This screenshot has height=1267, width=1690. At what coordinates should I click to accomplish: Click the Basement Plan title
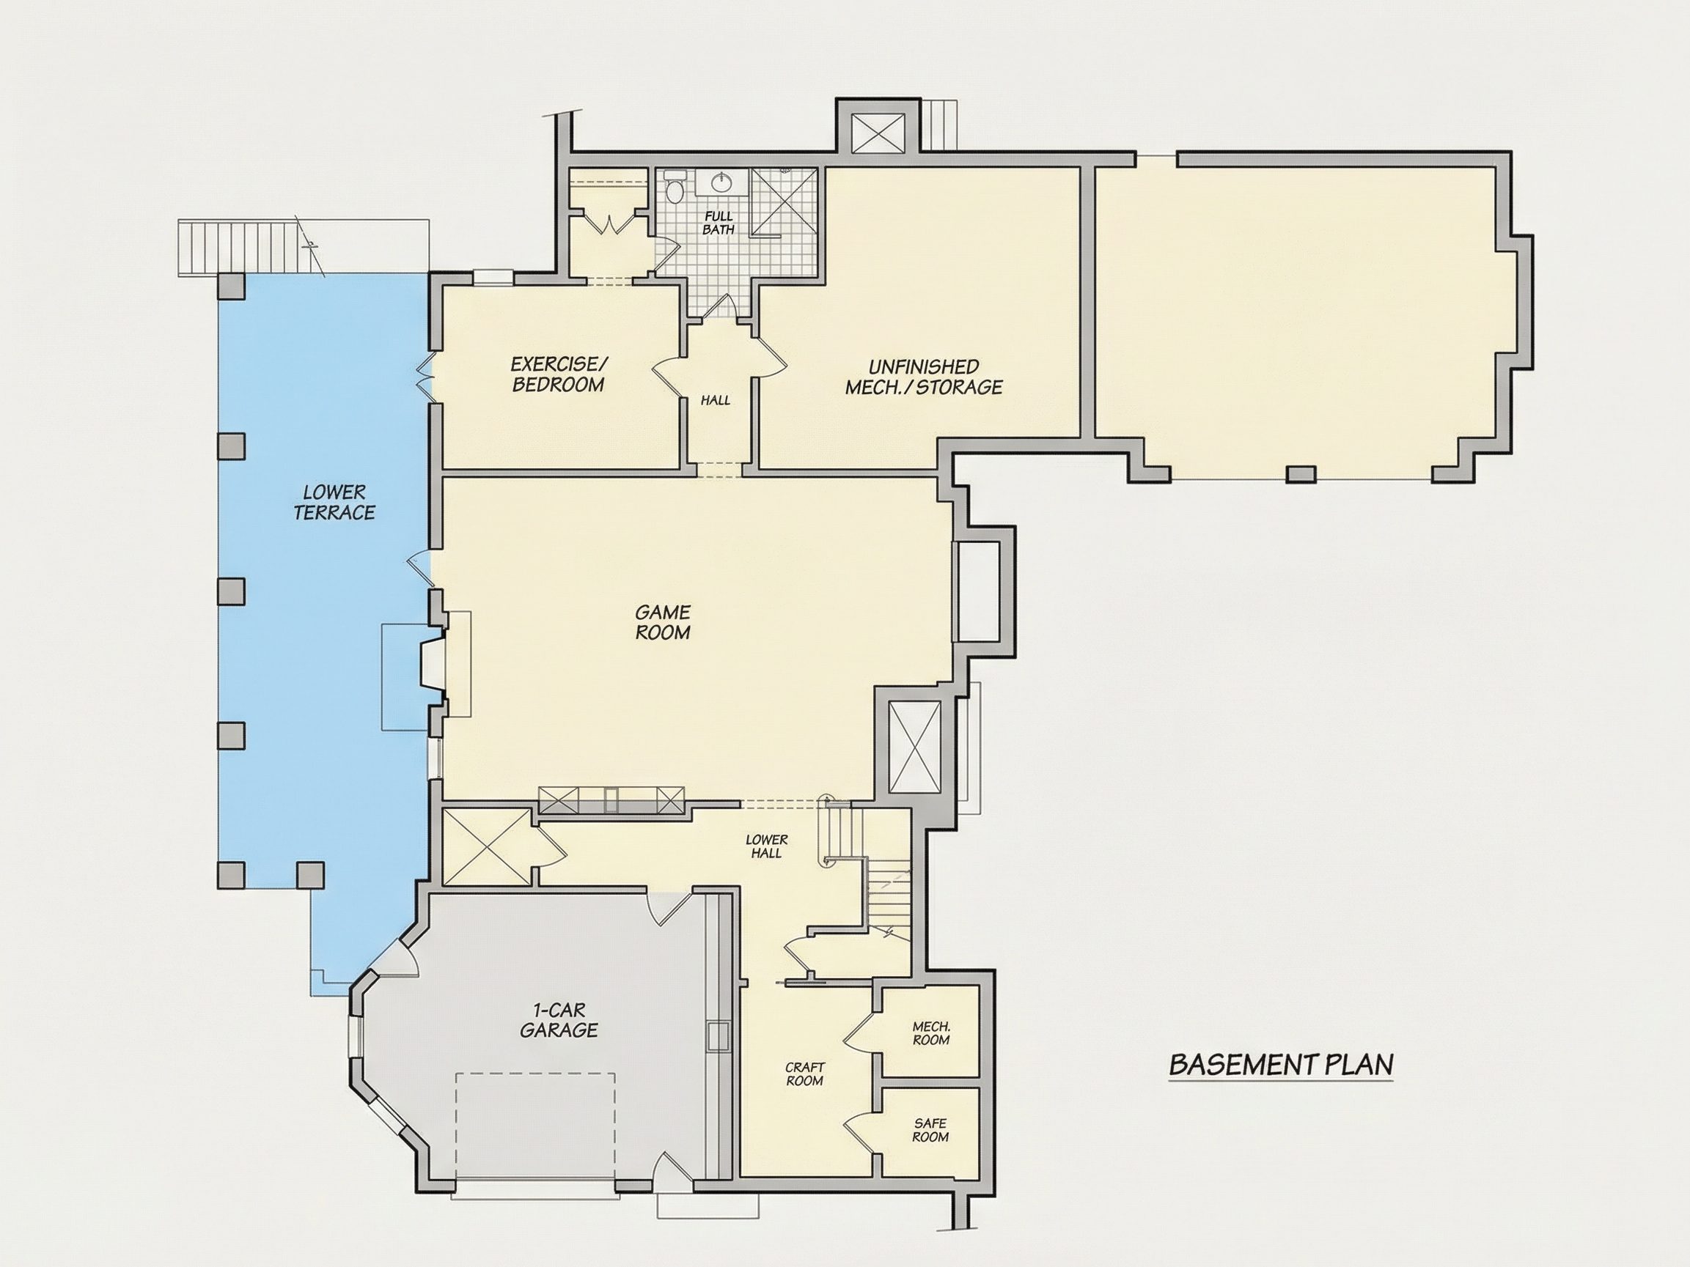pos(1282,1065)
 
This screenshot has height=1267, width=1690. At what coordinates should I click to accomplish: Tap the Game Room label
pos(663,621)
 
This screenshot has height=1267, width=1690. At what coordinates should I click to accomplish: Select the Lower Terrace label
pos(334,502)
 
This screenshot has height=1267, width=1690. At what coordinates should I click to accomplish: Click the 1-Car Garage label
pos(559,1021)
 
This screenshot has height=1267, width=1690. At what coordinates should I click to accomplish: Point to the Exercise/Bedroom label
pos(559,374)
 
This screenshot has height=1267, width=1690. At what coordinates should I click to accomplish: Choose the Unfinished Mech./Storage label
pos(924,377)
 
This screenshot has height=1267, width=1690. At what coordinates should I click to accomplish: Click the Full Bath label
pos(719,223)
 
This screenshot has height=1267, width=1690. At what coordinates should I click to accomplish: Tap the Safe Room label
pos(930,1129)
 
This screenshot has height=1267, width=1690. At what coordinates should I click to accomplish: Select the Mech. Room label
pos(931,1033)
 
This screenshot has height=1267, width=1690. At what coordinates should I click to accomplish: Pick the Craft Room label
pos(804,1074)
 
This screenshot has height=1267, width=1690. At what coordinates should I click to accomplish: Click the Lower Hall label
pos(766,846)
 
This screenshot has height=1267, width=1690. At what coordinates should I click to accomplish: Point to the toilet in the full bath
pos(675,186)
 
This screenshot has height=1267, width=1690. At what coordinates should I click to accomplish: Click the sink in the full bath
pos(720,182)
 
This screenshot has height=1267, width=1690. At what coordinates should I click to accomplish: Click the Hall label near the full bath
pos(716,400)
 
